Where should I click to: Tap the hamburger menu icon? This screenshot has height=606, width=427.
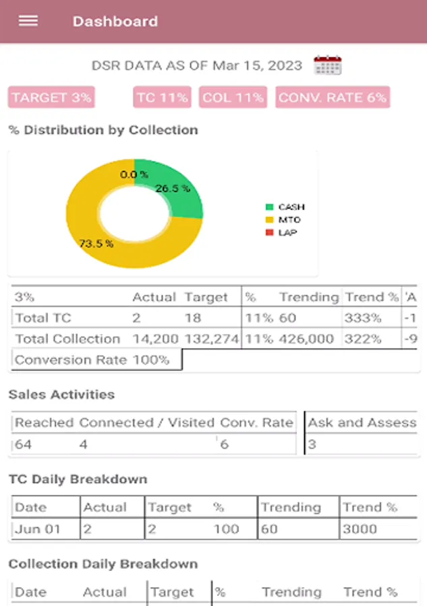28,21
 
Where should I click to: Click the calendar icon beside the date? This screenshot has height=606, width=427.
328,65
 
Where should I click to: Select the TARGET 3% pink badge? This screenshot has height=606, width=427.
51,98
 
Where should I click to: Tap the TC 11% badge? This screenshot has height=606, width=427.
162,98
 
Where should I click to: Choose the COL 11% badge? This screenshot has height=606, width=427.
233,98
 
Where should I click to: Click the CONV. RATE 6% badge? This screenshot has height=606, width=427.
333,98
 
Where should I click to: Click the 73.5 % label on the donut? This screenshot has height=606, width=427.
96,243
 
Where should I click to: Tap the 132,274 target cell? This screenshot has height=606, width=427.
211,339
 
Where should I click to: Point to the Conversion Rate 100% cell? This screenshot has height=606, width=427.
92,360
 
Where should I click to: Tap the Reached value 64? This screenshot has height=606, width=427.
24,444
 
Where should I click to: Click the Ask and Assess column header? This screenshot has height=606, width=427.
362,423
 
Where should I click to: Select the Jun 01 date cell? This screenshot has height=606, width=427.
38,529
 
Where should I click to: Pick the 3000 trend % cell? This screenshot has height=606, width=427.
360,529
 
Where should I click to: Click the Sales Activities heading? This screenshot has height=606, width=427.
61,395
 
